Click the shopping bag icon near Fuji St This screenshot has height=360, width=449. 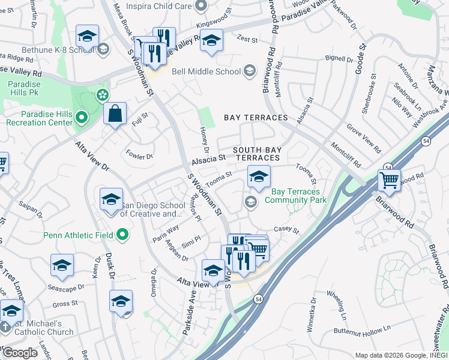115,113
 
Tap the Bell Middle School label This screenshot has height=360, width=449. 205,71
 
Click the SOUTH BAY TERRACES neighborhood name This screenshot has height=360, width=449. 256,153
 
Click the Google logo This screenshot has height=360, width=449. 20,353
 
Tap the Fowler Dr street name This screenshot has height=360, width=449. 139,155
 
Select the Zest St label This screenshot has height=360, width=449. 247,39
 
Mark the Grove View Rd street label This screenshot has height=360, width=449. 364,137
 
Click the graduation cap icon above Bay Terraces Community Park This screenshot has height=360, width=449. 259,177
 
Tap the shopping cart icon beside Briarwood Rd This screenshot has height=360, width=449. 390,179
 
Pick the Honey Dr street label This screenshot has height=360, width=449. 203,142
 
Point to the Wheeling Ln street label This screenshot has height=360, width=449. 337,304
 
